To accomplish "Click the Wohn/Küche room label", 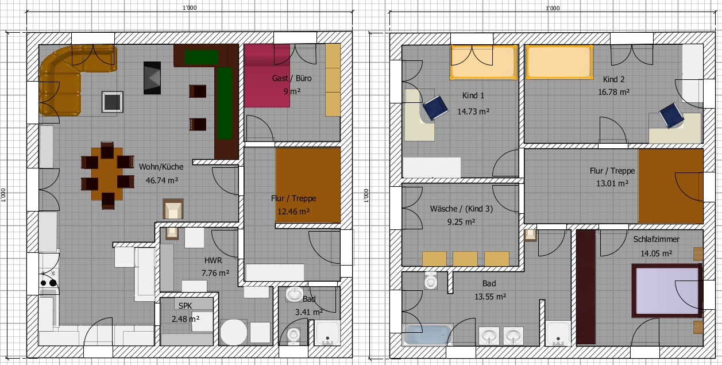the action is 161,167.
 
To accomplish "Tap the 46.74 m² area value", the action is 162,180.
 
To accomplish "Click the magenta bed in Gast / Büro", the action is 267,75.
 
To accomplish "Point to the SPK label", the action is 185,306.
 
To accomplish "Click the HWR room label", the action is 213,260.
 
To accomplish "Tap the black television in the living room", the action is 152,78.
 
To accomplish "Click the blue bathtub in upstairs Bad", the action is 428,335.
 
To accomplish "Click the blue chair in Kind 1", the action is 435,107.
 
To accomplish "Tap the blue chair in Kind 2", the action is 671,116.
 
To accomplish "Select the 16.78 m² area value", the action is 613,92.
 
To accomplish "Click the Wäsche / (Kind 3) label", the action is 461,209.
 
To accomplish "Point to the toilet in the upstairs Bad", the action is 431,280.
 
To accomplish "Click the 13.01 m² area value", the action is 612,183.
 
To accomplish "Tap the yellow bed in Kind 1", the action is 484,62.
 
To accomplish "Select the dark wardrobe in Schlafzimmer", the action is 586,287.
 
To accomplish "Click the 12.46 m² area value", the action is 294,212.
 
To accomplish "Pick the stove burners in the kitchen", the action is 49,279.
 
